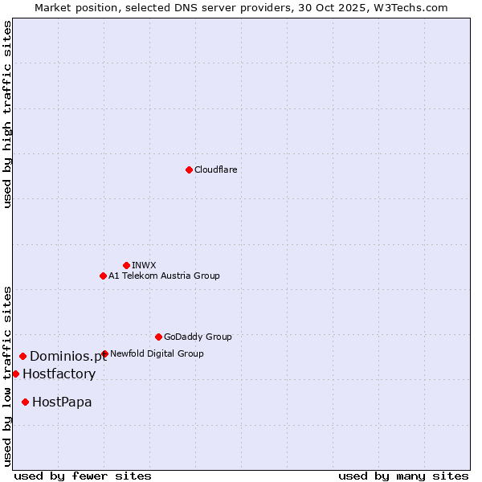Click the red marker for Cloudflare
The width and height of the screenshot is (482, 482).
pos(189,170)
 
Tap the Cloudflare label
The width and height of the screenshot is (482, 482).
pos(216,170)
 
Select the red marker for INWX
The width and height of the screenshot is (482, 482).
pos(126,265)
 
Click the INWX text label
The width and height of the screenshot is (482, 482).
pos(145,265)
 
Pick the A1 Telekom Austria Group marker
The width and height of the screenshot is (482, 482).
pos(103,276)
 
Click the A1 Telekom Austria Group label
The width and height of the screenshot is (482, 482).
pos(164,276)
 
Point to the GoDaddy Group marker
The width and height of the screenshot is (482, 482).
pos(158,337)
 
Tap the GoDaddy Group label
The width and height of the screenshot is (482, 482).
pos(198,337)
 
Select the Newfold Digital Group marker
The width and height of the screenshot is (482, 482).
pos(104,353)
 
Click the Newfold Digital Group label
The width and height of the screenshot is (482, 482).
pos(157,353)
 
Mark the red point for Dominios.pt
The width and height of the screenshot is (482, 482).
pos(22,356)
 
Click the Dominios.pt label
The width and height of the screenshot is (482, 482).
pos(68,357)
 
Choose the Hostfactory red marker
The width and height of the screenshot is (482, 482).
pos(15,374)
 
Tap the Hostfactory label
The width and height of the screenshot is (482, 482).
pos(59,374)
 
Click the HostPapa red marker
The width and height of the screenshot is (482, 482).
pos(26,402)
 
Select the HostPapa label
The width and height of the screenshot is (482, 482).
pos(62,402)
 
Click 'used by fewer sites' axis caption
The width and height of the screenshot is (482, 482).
pos(83,476)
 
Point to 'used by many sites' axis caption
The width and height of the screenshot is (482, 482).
pos(403,476)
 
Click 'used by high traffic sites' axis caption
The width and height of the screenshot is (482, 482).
pos(8,114)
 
